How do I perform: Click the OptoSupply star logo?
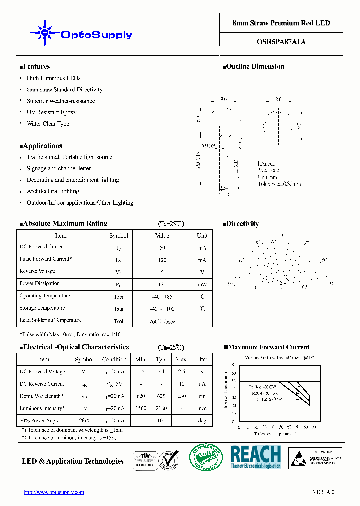click(x=45, y=33)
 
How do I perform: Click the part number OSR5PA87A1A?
click(x=281, y=42)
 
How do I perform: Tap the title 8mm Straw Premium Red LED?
click(x=281, y=23)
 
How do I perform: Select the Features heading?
click(x=35, y=67)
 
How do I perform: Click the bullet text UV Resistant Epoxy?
click(x=52, y=113)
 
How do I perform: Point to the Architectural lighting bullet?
click(x=53, y=191)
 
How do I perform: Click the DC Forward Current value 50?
click(x=162, y=248)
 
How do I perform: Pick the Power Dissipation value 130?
click(x=162, y=284)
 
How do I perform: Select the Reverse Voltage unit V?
click(x=202, y=272)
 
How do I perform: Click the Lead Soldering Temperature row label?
click(x=51, y=320)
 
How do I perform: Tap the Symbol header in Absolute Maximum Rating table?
click(x=119, y=236)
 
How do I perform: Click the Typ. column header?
click(x=161, y=359)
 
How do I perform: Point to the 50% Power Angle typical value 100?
click(x=161, y=421)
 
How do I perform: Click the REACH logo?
click(x=256, y=457)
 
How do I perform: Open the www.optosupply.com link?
click(x=54, y=492)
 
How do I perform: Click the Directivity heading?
click(x=242, y=224)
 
